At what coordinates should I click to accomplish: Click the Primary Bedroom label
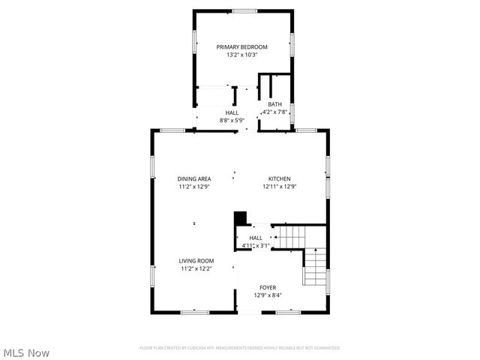click(242, 46)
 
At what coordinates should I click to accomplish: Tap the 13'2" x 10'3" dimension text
click(242, 55)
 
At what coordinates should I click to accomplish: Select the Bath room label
click(275, 104)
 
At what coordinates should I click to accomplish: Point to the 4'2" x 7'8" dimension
click(275, 112)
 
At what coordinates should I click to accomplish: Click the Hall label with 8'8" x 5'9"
click(232, 112)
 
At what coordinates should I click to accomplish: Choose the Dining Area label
click(194, 178)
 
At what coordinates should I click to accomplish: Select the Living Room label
click(196, 260)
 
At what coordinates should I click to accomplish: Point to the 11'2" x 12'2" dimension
click(196, 268)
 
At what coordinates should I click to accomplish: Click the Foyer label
click(268, 287)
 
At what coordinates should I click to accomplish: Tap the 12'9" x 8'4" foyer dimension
click(268, 295)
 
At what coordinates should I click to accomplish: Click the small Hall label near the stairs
click(256, 238)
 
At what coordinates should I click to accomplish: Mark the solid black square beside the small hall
click(240, 217)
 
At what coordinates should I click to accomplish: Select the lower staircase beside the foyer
click(316, 268)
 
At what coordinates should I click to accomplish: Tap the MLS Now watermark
click(26, 352)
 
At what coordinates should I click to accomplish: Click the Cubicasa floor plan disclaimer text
click(240, 348)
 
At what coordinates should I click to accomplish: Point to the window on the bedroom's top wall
click(242, 10)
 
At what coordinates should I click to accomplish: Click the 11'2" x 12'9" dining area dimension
click(194, 187)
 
